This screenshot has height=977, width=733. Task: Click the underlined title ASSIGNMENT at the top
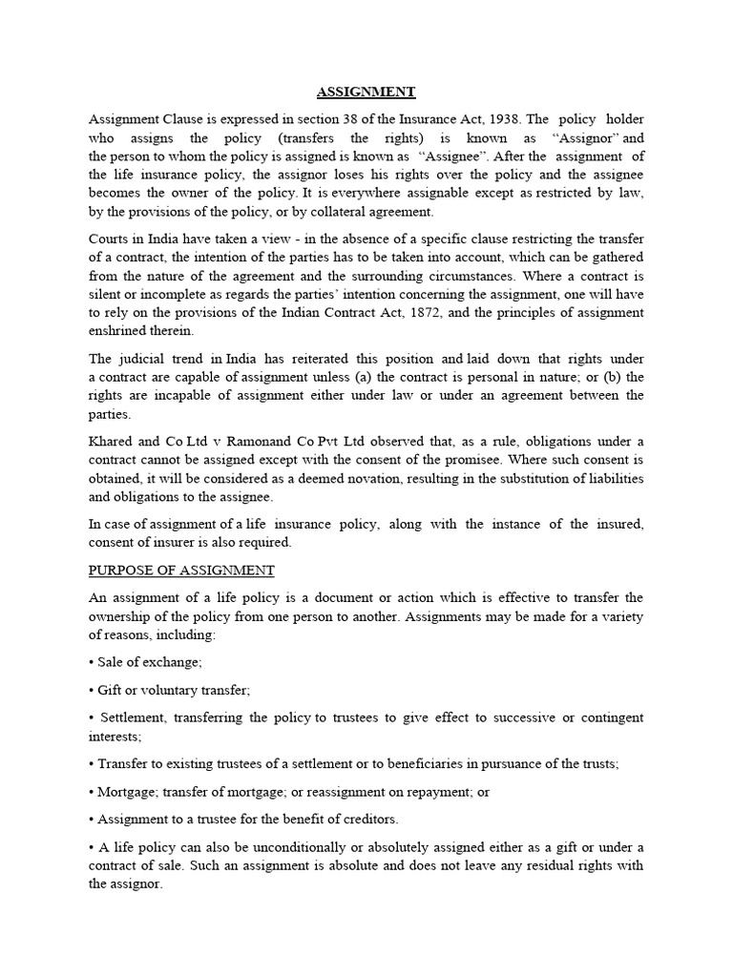pyautogui.click(x=366, y=93)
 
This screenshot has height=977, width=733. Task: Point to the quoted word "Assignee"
pyautogui.click(x=451, y=156)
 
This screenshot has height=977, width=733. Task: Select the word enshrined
pyautogui.click(x=120, y=331)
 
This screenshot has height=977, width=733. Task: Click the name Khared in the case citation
pyautogui.click(x=110, y=441)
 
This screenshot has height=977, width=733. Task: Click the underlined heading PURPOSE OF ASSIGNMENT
pyautogui.click(x=181, y=571)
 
